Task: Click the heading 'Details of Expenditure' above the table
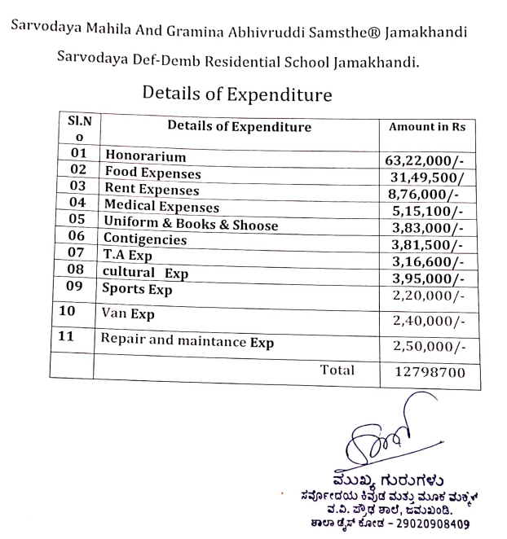pyautogui.click(x=236, y=94)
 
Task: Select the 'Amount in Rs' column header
pyautogui.click(x=427, y=128)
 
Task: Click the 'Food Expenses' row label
pyautogui.click(x=152, y=173)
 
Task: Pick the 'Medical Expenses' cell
pyautogui.click(x=161, y=207)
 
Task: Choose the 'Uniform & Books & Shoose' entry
pyautogui.click(x=191, y=225)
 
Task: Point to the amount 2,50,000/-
pyautogui.click(x=427, y=346)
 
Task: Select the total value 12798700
pyautogui.click(x=427, y=373)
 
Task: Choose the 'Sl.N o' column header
pyautogui.click(x=77, y=129)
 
